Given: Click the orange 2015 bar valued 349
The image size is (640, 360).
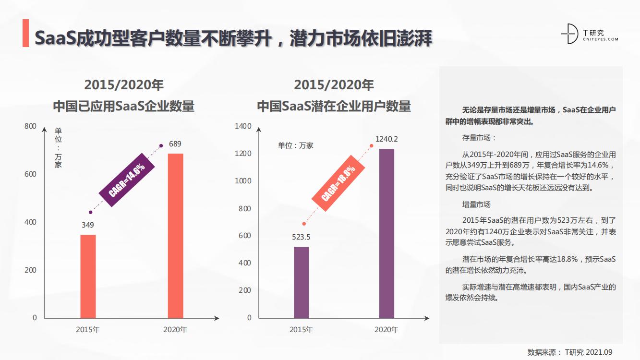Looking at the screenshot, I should [88, 276].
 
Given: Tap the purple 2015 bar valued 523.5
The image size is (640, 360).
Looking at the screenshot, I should [301, 282].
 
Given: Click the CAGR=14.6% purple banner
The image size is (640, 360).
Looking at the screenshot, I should [126, 180].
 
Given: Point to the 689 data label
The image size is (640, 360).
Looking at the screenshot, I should [175, 144].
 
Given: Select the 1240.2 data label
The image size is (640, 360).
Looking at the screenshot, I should [386, 139].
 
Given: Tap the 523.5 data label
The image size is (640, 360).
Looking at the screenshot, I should [301, 237].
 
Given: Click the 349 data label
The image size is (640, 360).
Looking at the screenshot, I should [88, 225].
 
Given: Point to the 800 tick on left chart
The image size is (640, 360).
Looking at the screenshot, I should [30, 126].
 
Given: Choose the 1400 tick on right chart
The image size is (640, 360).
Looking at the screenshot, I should [243, 126].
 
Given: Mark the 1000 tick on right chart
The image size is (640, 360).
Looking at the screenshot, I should [243, 181].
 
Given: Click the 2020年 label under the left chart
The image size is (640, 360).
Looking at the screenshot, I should [175, 330].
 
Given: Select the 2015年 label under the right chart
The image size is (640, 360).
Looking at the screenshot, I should [301, 330].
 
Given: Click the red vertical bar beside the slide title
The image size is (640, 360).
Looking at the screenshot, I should [25, 34].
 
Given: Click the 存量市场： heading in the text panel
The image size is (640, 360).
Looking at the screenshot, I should [479, 138].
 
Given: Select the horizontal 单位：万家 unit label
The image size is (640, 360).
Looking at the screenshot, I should [295, 145].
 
